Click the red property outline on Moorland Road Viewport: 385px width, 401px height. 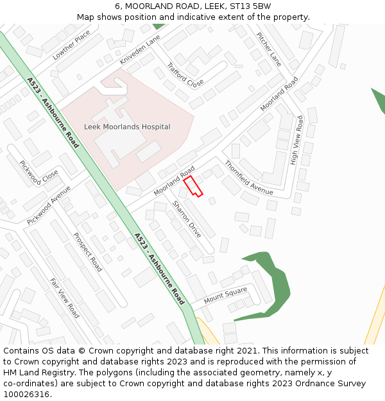pyautogui.click(x=193, y=186)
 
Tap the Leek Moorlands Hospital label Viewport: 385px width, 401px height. pyautogui.click(x=127, y=127)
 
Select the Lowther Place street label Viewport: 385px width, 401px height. pyautogui.click(x=72, y=45)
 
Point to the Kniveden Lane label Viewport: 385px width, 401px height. pyautogui.click(x=140, y=50)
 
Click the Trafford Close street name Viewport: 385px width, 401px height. pyautogui.click(x=185, y=74)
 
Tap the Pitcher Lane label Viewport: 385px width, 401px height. pyautogui.click(x=269, y=49)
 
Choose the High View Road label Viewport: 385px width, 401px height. pyautogui.click(x=296, y=140)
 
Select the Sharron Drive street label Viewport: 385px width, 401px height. pyautogui.click(x=187, y=219)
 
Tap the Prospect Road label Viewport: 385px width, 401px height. pyautogui.click(x=88, y=252)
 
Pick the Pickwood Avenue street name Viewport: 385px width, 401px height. pyautogui.click(x=49, y=205)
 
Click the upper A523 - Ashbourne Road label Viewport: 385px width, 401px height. pyautogui.click(x=53, y=113)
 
